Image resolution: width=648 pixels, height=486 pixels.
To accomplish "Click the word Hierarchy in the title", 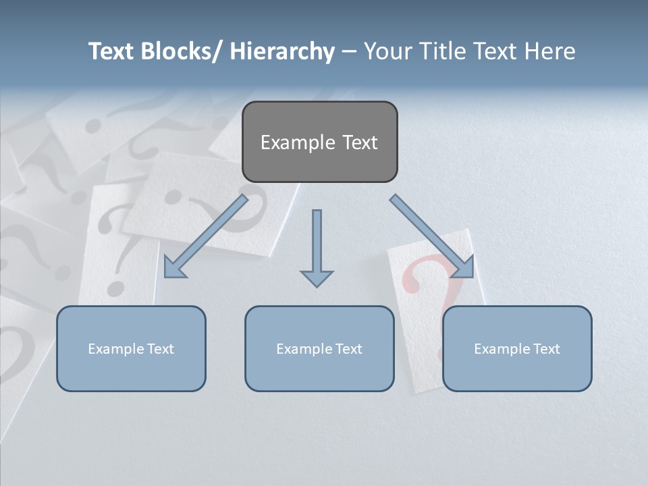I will pyautogui.click(x=282, y=51).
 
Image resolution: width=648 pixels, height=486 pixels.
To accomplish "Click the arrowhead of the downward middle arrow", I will pyautogui.click(x=317, y=278).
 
